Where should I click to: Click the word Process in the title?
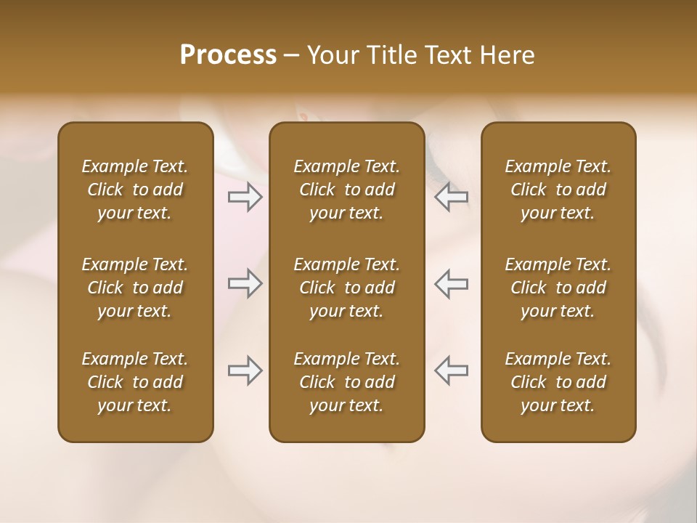pos(228,55)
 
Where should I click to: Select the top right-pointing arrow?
pos(245,197)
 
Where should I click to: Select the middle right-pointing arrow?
pos(245,284)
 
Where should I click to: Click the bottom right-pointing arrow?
pos(245,371)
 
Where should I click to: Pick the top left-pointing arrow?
pos(452,197)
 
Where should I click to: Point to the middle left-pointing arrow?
pos(452,284)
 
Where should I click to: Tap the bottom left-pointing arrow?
pos(452,371)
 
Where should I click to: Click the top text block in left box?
pos(135,190)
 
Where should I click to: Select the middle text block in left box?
pos(135,288)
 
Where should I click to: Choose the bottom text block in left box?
pos(135,382)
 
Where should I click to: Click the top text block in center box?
pos(346,190)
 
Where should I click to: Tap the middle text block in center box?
pos(346,288)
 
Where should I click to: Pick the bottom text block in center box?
pos(346,382)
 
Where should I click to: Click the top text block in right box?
pos(558,190)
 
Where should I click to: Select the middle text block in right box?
pos(558,288)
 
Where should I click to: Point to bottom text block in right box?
pos(558,382)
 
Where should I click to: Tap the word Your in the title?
pos(332,55)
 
